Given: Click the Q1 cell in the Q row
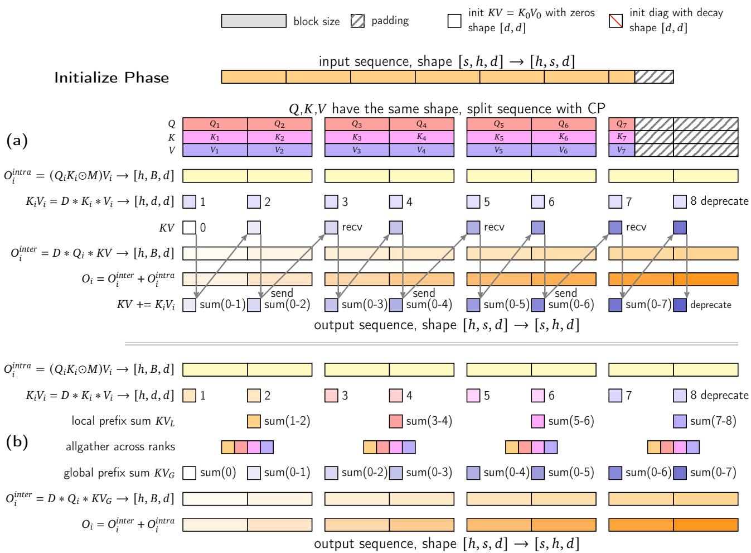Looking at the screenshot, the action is (x=215, y=124).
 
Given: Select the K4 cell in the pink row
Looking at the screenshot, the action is (x=421, y=137).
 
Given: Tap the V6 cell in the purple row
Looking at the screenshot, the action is (x=564, y=150).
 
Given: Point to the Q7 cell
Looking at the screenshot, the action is (x=622, y=124).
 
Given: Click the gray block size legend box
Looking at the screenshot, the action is (x=254, y=21).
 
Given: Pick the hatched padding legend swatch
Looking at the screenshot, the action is (x=358, y=21).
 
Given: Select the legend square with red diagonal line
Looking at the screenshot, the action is (x=616, y=21).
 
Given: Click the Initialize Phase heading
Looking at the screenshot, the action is (x=112, y=78).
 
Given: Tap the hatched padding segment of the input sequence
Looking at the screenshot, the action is (x=654, y=77).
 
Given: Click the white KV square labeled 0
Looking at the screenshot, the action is (x=190, y=228).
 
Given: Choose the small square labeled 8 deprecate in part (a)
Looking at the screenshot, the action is (x=680, y=201).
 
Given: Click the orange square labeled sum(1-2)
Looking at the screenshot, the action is (x=254, y=421).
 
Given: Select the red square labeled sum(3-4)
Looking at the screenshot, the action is (x=396, y=421).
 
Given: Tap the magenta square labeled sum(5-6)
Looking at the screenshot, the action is (x=538, y=421).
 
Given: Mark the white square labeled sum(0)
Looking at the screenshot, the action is (x=190, y=473).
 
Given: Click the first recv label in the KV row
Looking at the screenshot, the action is (x=352, y=227).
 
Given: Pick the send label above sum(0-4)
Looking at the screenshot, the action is (x=424, y=293).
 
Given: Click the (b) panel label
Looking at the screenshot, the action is (x=17, y=443).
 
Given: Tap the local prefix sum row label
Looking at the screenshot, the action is (x=123, y=421).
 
